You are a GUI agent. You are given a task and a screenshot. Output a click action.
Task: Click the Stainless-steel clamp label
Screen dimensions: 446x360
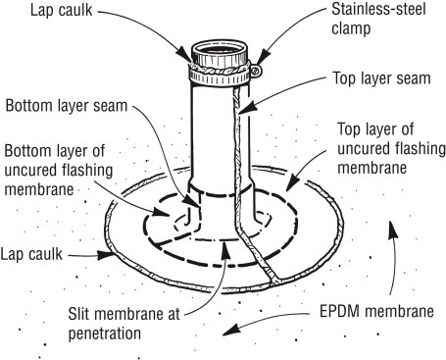[378, 19]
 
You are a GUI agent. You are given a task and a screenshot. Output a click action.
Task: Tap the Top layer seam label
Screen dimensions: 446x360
[381, 78]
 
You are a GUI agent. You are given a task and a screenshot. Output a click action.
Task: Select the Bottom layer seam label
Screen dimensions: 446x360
[67, 106]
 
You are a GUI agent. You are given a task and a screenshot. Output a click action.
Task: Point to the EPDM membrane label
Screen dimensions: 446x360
[376, 311]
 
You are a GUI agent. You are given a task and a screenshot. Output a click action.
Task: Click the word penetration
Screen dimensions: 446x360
[105, 334]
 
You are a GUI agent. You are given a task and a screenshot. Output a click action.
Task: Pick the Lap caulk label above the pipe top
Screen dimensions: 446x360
[62, 10]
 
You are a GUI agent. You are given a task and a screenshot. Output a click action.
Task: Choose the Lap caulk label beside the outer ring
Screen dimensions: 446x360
[31, 254]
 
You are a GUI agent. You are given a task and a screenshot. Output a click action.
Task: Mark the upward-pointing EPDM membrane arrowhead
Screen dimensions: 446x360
[393, 229]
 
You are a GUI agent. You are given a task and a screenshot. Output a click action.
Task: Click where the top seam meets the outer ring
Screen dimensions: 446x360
[273, 281]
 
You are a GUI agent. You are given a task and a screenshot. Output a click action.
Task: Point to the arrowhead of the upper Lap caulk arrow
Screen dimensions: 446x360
[184, 55]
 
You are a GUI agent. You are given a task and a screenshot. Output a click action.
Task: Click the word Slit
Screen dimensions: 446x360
[79, 315]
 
